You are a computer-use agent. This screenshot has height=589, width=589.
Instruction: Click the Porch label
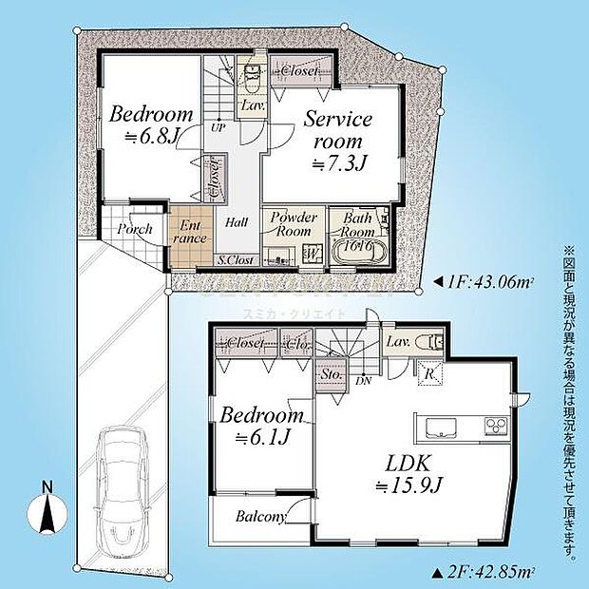tap(135, 230)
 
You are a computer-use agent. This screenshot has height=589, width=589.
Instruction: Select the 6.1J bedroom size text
tap(261, 438)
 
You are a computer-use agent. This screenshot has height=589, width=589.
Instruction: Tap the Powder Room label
tap(294, 224)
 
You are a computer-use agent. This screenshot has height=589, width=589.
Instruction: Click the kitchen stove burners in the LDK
tap(496, 424)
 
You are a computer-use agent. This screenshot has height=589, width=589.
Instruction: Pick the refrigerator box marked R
tap(429, 373)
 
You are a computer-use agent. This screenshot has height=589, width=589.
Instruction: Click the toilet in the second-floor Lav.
tap(432, 341)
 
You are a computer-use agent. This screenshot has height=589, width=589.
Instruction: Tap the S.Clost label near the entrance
tap(234, 258)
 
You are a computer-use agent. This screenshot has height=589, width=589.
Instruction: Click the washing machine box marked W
tap(314, 254)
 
